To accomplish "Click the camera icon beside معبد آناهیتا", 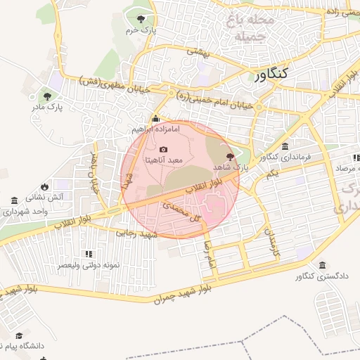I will click(x=164, y=149).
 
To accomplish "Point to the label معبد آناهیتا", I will click(x=164, y=160).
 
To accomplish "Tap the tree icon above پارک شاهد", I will click(x=230, y=155).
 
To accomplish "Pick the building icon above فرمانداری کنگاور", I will click(x=285, y=146).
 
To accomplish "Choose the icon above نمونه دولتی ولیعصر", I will click(x=88, y=254).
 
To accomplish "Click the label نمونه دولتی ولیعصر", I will click(x=88, y=265).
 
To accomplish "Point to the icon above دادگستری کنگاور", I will click(x=322, y=265).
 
